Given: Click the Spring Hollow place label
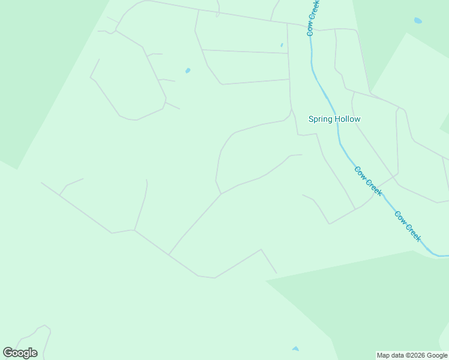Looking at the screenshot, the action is tap(334, 119).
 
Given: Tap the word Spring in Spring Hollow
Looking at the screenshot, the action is tap(322, 119).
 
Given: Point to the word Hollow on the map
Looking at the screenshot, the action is tap(348, 119).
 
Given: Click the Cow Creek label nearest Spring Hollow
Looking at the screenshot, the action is tap(368, 181).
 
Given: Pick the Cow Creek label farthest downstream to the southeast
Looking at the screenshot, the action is tap(408, 226).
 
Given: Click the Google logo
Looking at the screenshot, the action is tap(20, 353).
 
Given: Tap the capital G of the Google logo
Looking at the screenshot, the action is tap(8, 352).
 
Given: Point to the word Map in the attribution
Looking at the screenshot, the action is tap(384, 356).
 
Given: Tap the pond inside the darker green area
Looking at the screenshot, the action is tap(418, 20).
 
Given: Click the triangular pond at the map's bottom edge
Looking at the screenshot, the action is tap(295, 349).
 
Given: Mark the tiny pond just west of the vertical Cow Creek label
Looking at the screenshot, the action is tap(282, 45).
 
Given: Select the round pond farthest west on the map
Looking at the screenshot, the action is tap(188, 71).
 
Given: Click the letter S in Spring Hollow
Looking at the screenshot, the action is tap(312, 119).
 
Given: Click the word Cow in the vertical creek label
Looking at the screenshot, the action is tap(310, 28).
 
